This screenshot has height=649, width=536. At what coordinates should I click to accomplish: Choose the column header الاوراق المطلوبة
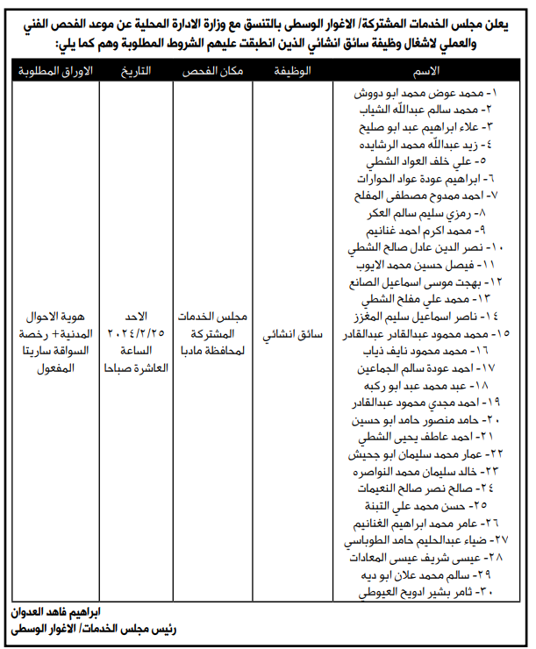(52, 69)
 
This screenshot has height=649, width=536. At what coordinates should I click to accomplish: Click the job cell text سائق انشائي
(293, 334)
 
